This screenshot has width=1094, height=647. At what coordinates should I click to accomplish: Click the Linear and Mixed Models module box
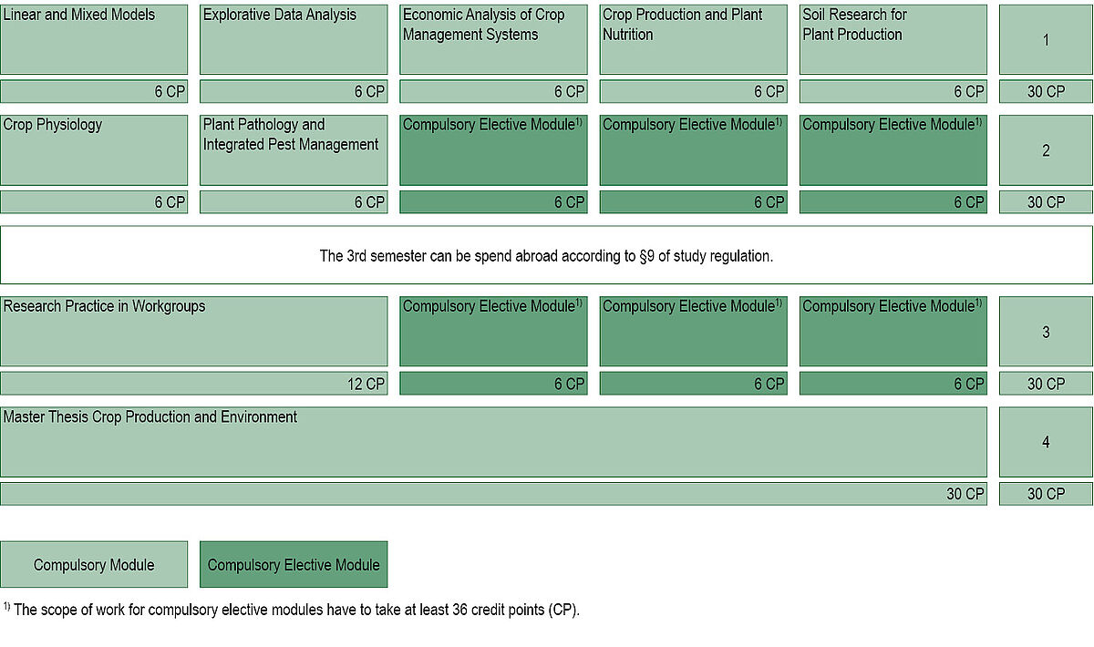[x=94, y=39]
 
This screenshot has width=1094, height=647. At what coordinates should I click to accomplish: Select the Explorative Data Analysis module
[x=294, y=39]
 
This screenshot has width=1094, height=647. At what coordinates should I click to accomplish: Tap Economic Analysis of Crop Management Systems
[x=493, y=39]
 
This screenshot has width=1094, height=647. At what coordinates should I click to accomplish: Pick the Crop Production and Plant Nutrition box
[x=694, y=39]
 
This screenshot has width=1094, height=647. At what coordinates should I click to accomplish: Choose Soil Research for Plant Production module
[x=893, y=39]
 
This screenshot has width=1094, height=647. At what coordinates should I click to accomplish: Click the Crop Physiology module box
[x=94, y=150]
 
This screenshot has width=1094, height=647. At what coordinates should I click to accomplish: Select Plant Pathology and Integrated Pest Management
[x=294, y=150]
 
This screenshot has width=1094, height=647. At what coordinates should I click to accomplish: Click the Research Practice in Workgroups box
[x=194, y=331]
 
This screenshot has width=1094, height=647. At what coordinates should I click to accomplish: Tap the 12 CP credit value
[x=366, y=384]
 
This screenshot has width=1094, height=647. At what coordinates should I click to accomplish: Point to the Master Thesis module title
[x=150, y=416]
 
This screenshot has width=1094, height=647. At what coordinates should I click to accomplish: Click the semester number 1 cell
[x=1046, y=39]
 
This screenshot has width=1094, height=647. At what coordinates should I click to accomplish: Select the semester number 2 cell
[x=1046, y=150]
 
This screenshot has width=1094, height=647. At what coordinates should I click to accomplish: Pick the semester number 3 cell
[x=1046, y=331]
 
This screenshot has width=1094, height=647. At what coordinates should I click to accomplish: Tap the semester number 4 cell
[x=1046, y=442]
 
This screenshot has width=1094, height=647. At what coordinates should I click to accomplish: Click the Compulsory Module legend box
[x=94, y=564]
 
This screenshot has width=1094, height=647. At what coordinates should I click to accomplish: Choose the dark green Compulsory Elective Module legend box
[x=294, y=564]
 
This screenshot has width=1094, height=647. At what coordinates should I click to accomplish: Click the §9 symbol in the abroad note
[x=646, y=256]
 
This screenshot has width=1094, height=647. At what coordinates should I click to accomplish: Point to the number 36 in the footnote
[x=459, y=610]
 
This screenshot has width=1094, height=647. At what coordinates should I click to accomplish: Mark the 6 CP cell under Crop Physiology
[x=94, y=201]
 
